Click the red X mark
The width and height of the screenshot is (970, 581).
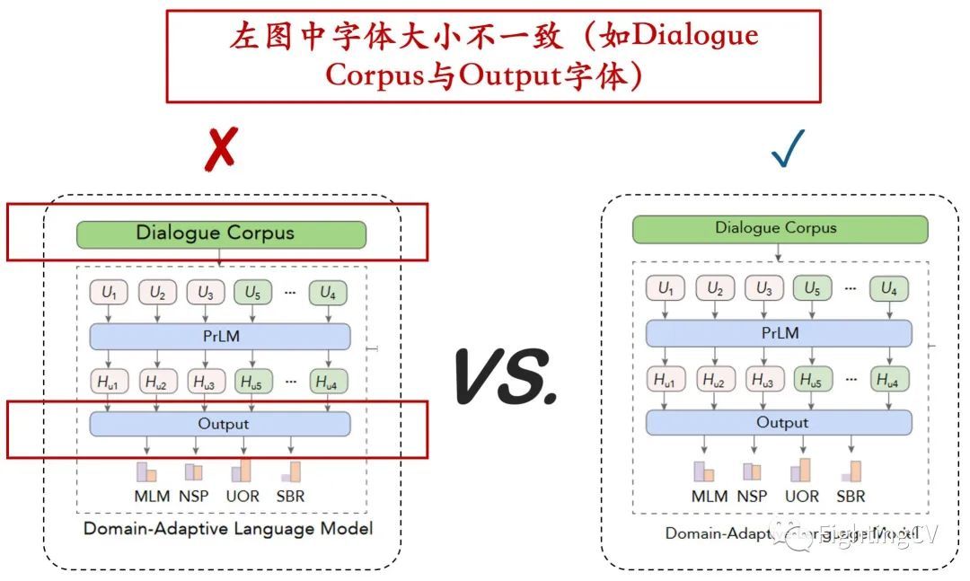coord(220,148)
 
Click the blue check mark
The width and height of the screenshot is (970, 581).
coord(788,148)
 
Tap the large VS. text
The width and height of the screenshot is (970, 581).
coord(506,375)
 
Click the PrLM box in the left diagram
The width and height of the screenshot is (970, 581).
coord(220,335)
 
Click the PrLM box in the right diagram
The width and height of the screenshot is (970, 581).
coord(779,333)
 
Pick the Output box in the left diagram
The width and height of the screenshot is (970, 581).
coord(220,423)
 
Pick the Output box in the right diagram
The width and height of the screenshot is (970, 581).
coord(779,422)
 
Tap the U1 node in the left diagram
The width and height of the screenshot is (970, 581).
coord(109,292)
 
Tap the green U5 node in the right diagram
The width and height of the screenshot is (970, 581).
coord(812,289)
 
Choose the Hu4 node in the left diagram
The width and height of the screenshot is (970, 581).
coord(328,381)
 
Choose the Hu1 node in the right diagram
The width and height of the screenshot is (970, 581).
coord(665,380)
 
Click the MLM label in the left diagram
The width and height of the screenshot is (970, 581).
coord(146,496)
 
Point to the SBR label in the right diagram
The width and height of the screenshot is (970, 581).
coord(851,496)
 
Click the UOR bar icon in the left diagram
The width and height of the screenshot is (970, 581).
coord(242,471)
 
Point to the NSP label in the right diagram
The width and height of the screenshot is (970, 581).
coord(752,496)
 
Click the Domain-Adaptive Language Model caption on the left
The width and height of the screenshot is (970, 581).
coord(228,528)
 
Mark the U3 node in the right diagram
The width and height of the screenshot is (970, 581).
coord(763,289)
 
